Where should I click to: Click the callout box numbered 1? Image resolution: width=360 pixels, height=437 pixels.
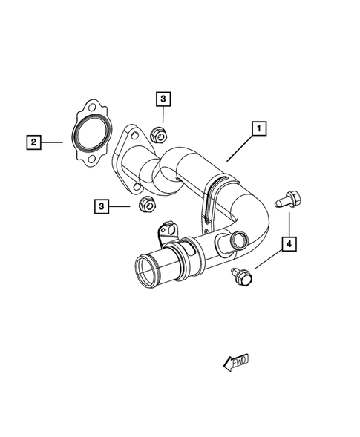click(259, 129)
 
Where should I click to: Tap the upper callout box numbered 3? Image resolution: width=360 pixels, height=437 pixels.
click(163, 98)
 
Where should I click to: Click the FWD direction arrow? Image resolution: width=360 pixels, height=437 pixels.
click(237, 361)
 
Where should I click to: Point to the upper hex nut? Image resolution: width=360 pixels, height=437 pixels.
click(157, 135)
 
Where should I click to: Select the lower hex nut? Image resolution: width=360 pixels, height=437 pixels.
click(145, 204)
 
